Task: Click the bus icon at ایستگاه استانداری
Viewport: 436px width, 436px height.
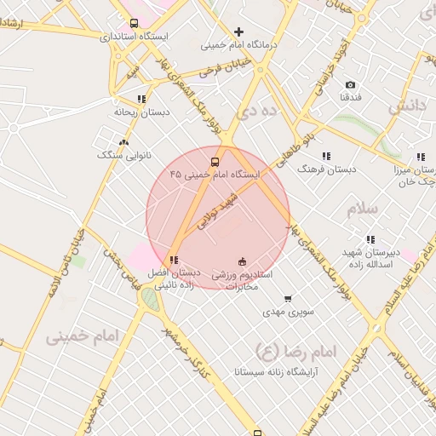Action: pyautogui.click(x=134, y=24)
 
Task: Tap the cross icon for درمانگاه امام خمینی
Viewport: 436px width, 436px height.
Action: pyautogui.click(x=238, y=32)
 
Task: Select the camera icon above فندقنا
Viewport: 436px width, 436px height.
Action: pyautogui.click(x=350, y=84)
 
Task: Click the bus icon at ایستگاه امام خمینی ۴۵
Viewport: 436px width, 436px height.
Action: pyautogui.click(x=214, y=161)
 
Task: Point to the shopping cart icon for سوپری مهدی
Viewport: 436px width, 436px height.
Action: pyautogui.click(x=288, y=299)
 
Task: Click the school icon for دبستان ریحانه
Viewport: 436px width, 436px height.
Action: pyautogui.click(x=141, y=99)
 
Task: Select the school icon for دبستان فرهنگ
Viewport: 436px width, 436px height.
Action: pyautogui.click(x=325, y=156)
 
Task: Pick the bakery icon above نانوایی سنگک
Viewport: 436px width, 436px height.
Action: pyautogui.click(x=124, y=143)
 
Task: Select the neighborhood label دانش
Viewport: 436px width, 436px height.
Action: pyautogui.click(x=406, y=106)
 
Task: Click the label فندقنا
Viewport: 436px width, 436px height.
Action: pyautogui.click(x=350, y=98)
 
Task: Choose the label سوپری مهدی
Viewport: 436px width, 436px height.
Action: pyautogui.click(x=289, y=313)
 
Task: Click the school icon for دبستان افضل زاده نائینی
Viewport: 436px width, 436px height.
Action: pyautogui.click(x=174, y=260)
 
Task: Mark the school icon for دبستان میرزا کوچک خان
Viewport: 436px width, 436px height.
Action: pyautogui.click(x=420, y=157)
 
